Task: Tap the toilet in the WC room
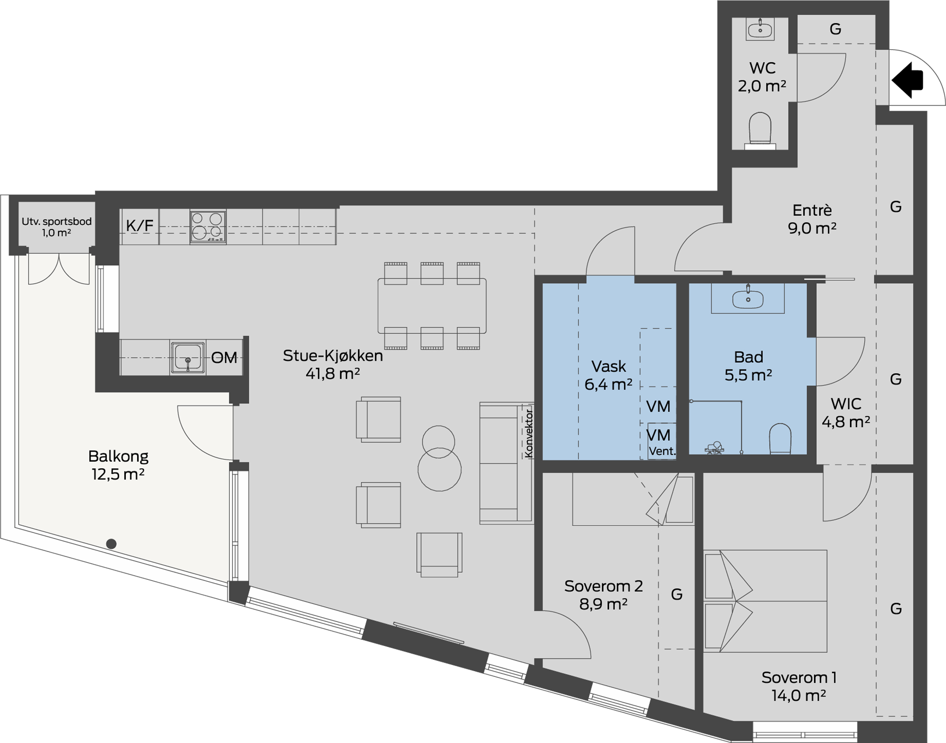[760, 131]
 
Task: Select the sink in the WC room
[760, 29]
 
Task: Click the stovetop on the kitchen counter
[208, 227]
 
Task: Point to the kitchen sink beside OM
[188, 358]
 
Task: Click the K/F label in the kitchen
[140, 226]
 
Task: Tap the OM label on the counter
[224, 358]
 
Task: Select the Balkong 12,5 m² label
[118, 465]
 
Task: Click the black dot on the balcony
[111, 544]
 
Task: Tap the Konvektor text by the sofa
[529, 433]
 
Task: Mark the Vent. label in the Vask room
[662, 451]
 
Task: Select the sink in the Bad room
[748, 298]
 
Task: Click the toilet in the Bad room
[780, 438]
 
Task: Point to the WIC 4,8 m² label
[846, 412]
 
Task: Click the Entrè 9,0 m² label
[812, 219]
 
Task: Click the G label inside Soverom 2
[677, 594]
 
